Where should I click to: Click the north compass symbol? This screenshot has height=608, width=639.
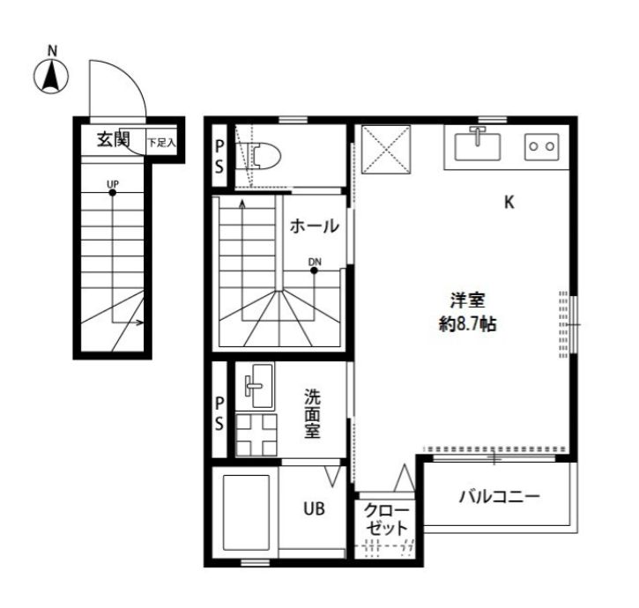tap(52, 77)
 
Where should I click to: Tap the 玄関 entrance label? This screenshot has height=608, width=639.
tap(114, 139)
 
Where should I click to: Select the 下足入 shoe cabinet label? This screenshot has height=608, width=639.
tap(161, 141)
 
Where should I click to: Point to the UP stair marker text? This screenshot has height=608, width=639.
tap(112, 184)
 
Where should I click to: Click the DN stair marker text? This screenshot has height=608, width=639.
tap(315, 261)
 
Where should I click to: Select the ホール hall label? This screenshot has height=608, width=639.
tap(315, 226)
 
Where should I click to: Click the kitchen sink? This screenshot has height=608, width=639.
tap(477, 144)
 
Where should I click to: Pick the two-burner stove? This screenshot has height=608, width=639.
tap(539, 145)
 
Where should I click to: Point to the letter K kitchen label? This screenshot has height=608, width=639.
tap(509, 203)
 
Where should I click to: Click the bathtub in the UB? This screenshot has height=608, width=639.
tap(245, 515)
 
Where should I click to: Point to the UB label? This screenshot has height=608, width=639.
tap(314, 508)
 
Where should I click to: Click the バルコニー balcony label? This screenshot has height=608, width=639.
tap(498, 497)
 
